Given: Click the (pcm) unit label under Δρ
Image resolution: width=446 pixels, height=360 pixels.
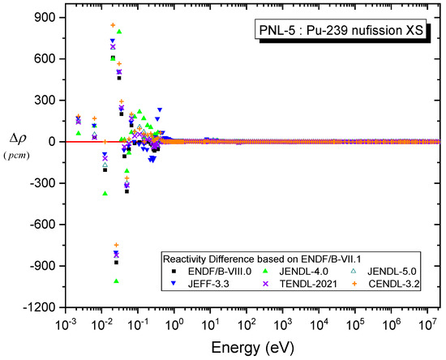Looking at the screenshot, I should tap(16, 152).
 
